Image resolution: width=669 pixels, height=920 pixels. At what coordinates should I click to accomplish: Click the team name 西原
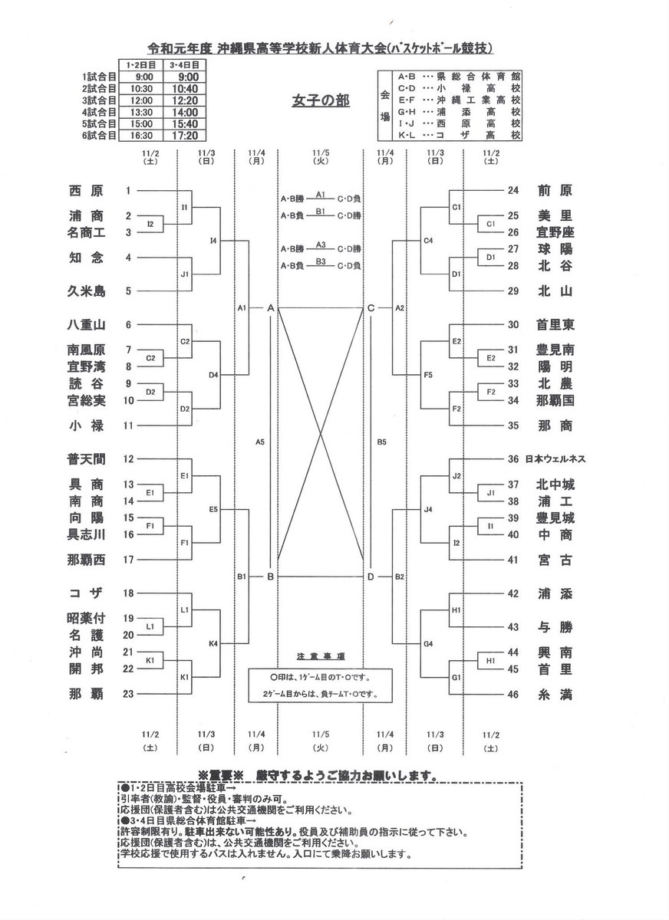pyautogui.click(x=84, y=191)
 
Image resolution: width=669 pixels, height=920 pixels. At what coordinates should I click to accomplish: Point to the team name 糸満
pyautogui.click(x=555, y=695)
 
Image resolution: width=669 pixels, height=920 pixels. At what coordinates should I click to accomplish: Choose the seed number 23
pyautogui.click(x=129, y=695)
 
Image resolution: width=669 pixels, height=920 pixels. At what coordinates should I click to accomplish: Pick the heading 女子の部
pyautogui.click(x=321, y=100)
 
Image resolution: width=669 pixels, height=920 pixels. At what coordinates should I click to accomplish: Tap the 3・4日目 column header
pyautogui.click(x=190, y=66)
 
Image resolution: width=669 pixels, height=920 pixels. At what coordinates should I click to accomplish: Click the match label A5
pyautogui.click(x=260, y=442)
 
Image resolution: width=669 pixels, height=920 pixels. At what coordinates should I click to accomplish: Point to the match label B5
pyautogui.click(x=381, y=442)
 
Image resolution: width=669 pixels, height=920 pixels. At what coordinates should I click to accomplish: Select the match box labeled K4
pyautogui.click(x=214, y=643)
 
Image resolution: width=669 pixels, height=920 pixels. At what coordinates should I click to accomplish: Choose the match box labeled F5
pyautogui.click(x=428, y=375)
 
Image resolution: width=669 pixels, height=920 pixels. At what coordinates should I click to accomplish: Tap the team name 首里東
pyautogui.click(x=555, y=324)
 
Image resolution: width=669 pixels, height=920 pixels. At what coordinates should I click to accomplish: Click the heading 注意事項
pyautogui.click(x=321, y=657)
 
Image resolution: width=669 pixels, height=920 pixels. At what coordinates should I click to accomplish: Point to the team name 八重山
pyautogui.click(x=84, y=324)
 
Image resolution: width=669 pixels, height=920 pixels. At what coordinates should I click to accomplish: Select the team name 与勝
pyautogui.click(x=555, y=627)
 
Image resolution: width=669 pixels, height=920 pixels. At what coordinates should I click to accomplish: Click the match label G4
pyautogui.click(x=428, y=643)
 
